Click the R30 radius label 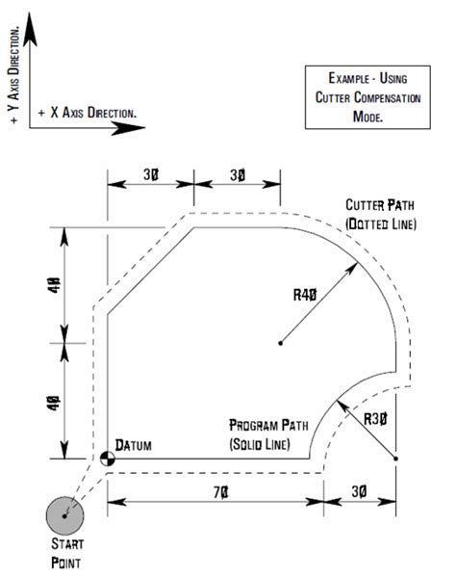(x=375, y=417)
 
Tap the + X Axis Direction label (x=87, y=113)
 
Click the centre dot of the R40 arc (x=279, y=343)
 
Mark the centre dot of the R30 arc (x=395, y=458)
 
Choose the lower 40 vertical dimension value (x=57, y=401)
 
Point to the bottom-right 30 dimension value (x=360, y=491)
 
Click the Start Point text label (x=64, y=556)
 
